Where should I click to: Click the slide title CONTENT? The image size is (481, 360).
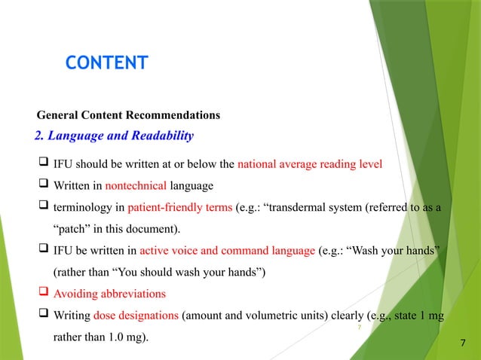[106, 63]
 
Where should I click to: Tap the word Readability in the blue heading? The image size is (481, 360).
[157, 136]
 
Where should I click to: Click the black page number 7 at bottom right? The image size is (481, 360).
[463, 344]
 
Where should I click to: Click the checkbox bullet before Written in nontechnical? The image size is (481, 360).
[43, 185]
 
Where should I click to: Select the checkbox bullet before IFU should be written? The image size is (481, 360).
[43, 163]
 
